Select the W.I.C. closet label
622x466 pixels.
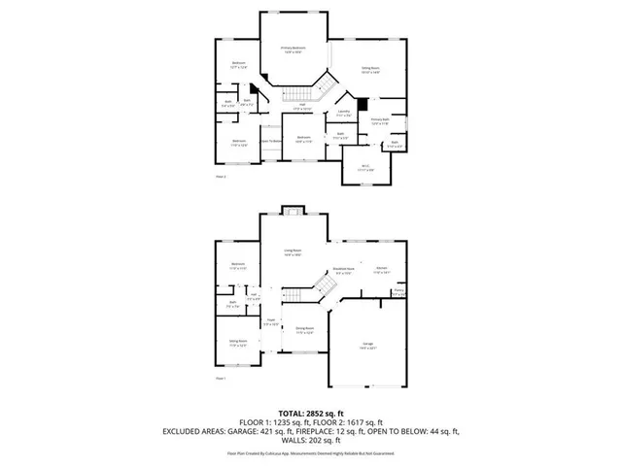pos(365,167)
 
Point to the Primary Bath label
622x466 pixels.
pos(380,121)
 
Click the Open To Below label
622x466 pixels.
pos(272,142)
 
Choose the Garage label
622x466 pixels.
pos(368,346)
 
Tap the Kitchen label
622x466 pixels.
pos(382,270)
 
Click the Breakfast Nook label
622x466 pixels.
pos(343,271)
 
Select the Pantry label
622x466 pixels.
pos(398,290)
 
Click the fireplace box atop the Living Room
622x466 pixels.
pos(290,211)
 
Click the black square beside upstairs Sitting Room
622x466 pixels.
pos(362,103)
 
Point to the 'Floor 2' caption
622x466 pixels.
pos(220,178)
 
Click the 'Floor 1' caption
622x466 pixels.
pos(220,378)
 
